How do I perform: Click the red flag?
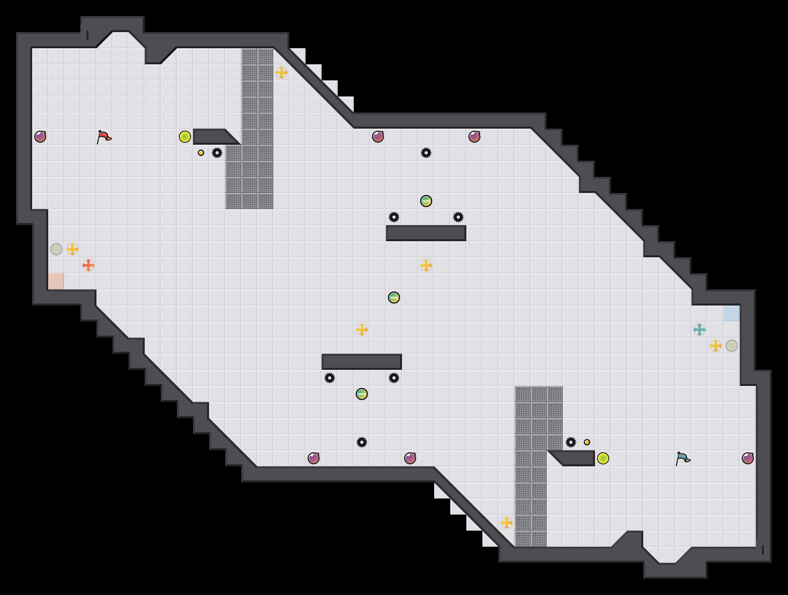pyautogui.click(x=104, y=137)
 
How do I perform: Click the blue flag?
pyautogui.click(x=683, y=458)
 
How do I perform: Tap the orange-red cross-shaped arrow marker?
pyautogui.click(x=88, y=265)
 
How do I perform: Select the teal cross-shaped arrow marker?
pyautogui.click(x=700, y=330)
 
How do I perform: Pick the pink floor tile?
pyautogui.click(x=56, y=281)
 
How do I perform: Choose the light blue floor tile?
pyautogui.click(x=732, y=314)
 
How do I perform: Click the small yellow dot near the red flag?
pyautogui.click(x=201, y=153)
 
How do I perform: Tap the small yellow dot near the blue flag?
pyautogui.click(x=587, y=442)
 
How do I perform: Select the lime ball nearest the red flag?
pyautogui.click(x=185, y=137)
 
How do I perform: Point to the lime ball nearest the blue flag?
pyautogui.click(x=603, y=458)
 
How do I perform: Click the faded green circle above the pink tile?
pyautogui.click(x=56, y=249)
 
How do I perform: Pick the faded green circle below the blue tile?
pyautogui.click(x=732, y=346)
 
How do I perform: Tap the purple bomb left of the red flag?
pyautogui.click(x=40, y=137)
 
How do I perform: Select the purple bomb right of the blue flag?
pyautogui.click(x=748, y=458)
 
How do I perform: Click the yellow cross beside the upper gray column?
pyautogui.click(x=281, y=72)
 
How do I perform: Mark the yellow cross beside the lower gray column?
pyautogui.click(x=507, y=523)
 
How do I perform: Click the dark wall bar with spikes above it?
pyautogui.click(x=426, y=233)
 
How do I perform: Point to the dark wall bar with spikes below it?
pyautogui.click(x=362, y=362)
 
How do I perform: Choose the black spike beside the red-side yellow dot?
pyautogui.click(x=217, y=153)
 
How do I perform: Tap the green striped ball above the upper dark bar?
pyautogui.click(x=426, y=201)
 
